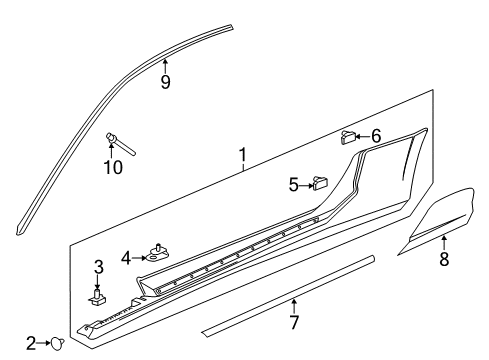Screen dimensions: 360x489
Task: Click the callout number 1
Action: coord(241,155)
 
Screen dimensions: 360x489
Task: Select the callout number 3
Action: coord(98,267)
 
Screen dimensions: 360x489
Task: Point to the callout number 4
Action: coord(127,257)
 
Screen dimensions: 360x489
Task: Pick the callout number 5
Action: coord(294,184)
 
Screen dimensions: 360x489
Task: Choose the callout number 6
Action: coord(375,136)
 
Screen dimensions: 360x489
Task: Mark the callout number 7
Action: coord(293,324)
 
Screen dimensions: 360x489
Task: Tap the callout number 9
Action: coord(165,83)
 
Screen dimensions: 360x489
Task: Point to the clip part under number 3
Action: coord(99,295)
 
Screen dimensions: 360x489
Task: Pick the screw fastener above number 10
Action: coord(113,137)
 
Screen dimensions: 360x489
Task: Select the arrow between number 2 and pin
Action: coord(44,343)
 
